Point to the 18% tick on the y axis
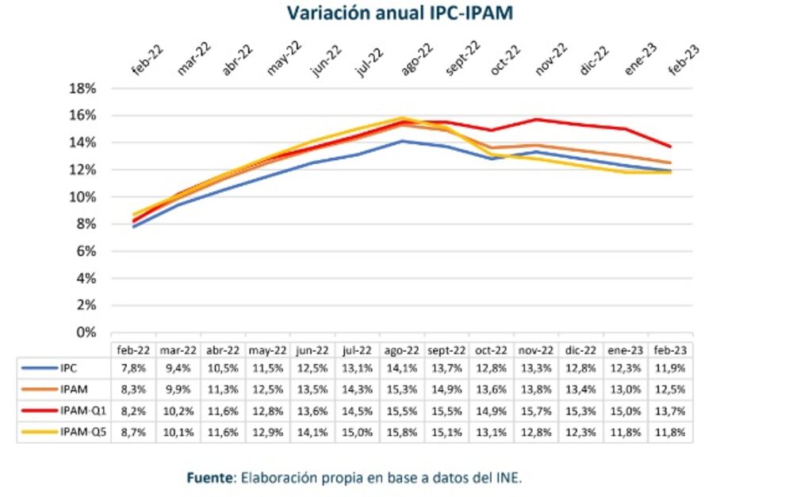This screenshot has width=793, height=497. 83,89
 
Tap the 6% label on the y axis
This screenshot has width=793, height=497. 86,251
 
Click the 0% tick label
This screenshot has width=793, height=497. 86,332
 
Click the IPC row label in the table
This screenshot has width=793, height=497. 68,368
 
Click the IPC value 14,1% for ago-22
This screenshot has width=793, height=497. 401,368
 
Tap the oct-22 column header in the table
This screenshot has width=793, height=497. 491,350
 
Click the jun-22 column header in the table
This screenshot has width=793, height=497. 312,350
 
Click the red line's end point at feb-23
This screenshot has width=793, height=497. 671,147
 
